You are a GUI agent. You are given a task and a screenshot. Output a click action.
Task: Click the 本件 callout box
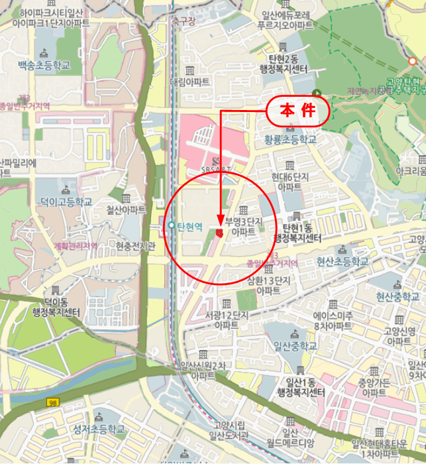298,111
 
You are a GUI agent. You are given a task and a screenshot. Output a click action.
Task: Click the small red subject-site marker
219,232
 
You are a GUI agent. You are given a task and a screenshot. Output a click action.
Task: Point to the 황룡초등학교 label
290,140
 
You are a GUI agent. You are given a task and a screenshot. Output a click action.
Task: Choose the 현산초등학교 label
342,261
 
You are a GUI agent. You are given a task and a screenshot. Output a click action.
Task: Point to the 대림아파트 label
190,82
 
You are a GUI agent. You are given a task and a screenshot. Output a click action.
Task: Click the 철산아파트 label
126,209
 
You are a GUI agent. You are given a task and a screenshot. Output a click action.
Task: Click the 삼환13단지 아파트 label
268,285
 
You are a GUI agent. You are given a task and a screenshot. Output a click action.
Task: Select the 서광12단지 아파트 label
227,319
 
